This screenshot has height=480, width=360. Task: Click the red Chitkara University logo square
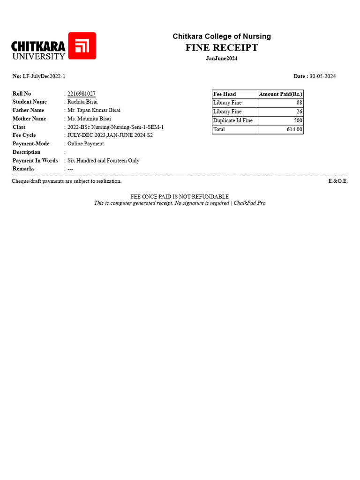82,45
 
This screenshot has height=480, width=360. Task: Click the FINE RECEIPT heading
221,47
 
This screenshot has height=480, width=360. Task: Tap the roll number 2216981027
82,94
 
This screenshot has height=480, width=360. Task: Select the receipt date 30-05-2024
322,76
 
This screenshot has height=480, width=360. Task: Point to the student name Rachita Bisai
82,102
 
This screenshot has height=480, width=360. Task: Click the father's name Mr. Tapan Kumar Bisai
94,110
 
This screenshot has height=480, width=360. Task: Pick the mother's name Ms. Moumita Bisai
89,119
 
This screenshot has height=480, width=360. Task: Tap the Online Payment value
86,143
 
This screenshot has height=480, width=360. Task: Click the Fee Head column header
225,94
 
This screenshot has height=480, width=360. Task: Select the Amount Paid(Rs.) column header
281,94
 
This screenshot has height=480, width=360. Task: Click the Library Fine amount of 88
300,103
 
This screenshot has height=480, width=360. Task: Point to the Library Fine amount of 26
300,112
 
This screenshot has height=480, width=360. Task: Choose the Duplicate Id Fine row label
233,120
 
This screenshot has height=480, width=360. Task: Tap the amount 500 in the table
298,120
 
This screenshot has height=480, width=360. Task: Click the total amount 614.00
295,129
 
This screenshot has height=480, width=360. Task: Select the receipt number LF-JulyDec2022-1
44,76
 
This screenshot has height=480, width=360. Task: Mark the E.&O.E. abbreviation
338,181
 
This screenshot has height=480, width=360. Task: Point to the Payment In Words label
35,160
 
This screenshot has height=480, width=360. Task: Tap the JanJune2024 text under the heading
222,58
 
